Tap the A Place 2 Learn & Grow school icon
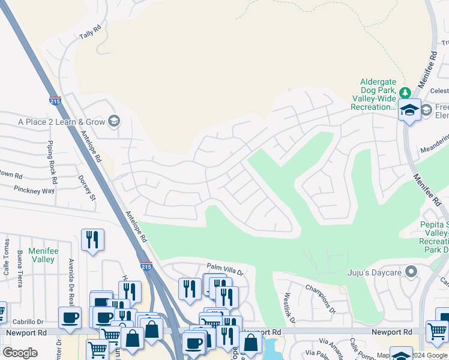click(x=113, y=122)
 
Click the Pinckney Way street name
click(x=35, y=191)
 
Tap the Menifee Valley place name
click(x=42, y=256)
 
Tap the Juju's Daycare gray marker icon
click(x=411, y=272)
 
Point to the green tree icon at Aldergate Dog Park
click(x=405, y=92)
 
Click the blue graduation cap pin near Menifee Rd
click(x=410, y=110)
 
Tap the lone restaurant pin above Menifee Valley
click(x=92, y=240)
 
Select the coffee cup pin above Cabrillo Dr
click(x=69, y=317)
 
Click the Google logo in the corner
click(x=20, y=353)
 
